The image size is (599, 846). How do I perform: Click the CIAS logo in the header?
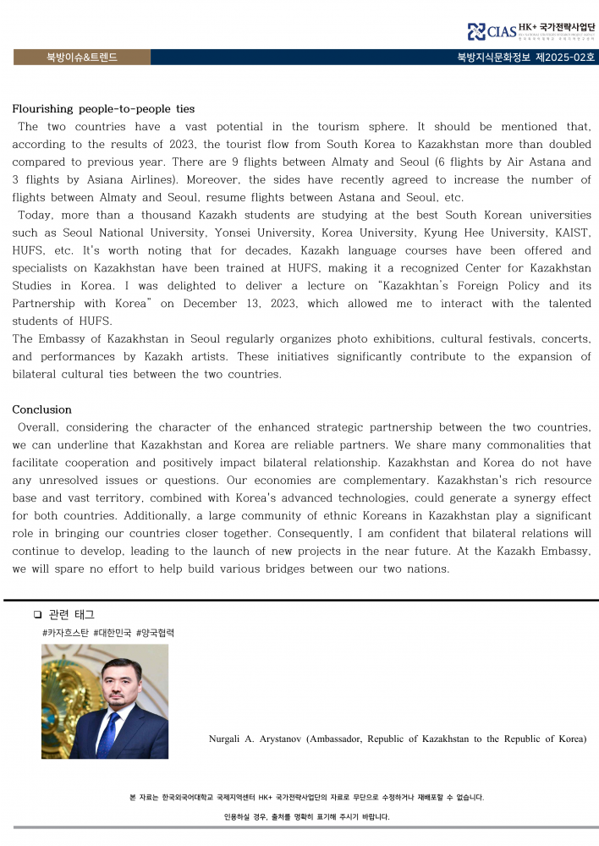click(491, 31)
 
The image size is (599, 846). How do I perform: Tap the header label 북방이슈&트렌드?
click(81, 58)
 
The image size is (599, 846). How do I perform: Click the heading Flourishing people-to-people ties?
click(103, 109)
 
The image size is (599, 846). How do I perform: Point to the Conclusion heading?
click(41, 409)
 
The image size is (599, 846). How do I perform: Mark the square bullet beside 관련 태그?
click(36, 615)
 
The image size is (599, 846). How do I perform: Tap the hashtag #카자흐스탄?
click(65, 633)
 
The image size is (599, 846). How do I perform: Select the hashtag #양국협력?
click(155, 633)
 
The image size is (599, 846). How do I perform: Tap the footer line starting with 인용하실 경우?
click(306, 816)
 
